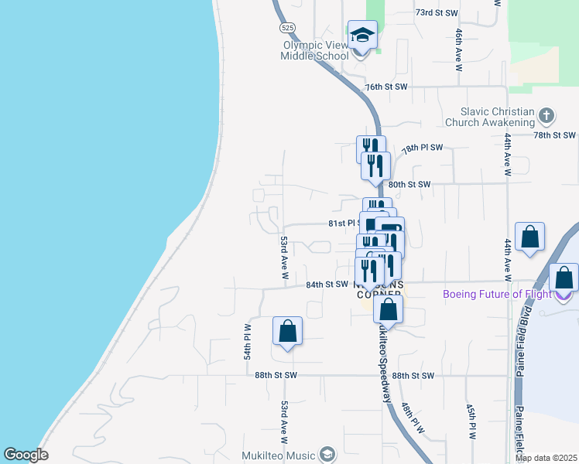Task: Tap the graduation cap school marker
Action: point(361,36)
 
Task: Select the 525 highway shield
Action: point(286,27)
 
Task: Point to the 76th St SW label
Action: point(386,87)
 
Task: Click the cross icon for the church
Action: point(547,117)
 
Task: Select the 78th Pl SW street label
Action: point(422,147)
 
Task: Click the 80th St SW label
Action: point(409,185)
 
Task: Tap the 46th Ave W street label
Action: point(459,50)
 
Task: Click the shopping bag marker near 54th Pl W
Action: point(287,331)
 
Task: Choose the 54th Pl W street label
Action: point(248,341)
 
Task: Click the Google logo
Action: point(26,455)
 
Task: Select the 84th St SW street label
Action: point(327,285)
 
